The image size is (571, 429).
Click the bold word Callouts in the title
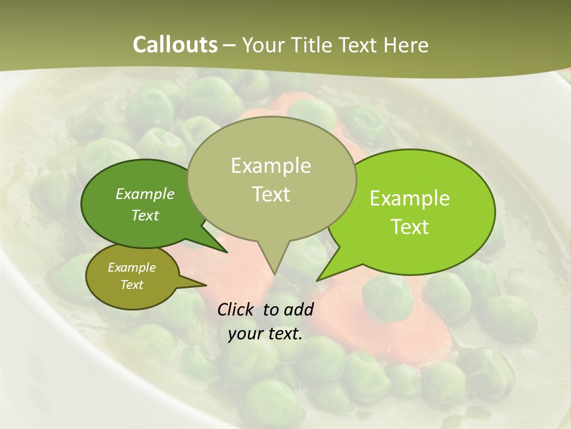pyautogui.click(x=175, y=45)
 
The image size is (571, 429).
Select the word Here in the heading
pyautogui.click(x=407, y=45)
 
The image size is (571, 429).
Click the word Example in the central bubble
pyautogui.click(x=271, y=166)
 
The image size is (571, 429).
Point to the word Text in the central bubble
pyautogui.click(x=271, y=194)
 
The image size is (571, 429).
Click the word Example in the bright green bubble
pyautogui.click(x=410, y=198)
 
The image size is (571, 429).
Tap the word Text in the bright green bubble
pyautogui.click(x=410, y=226)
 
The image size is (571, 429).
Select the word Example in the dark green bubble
pyautogui.click(x=145, y=194)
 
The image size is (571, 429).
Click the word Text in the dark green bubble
pyautogui.click(x=145, y=215)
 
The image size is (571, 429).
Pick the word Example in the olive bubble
pyautogui.click(x=131, y=268)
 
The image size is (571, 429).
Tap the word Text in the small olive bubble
pyautogui.click(x=131, y=285)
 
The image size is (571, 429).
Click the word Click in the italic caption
pyautogui.click(x=236, y=309)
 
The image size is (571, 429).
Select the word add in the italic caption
pyautogui.click(x=299, y=309)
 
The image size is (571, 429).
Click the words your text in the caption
pyautogui.click(x=265, y=334)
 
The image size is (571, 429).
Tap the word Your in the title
pyautogui.click(x=264, y=45)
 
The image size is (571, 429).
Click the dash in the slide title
pyautogui.click(x=230, y=45)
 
